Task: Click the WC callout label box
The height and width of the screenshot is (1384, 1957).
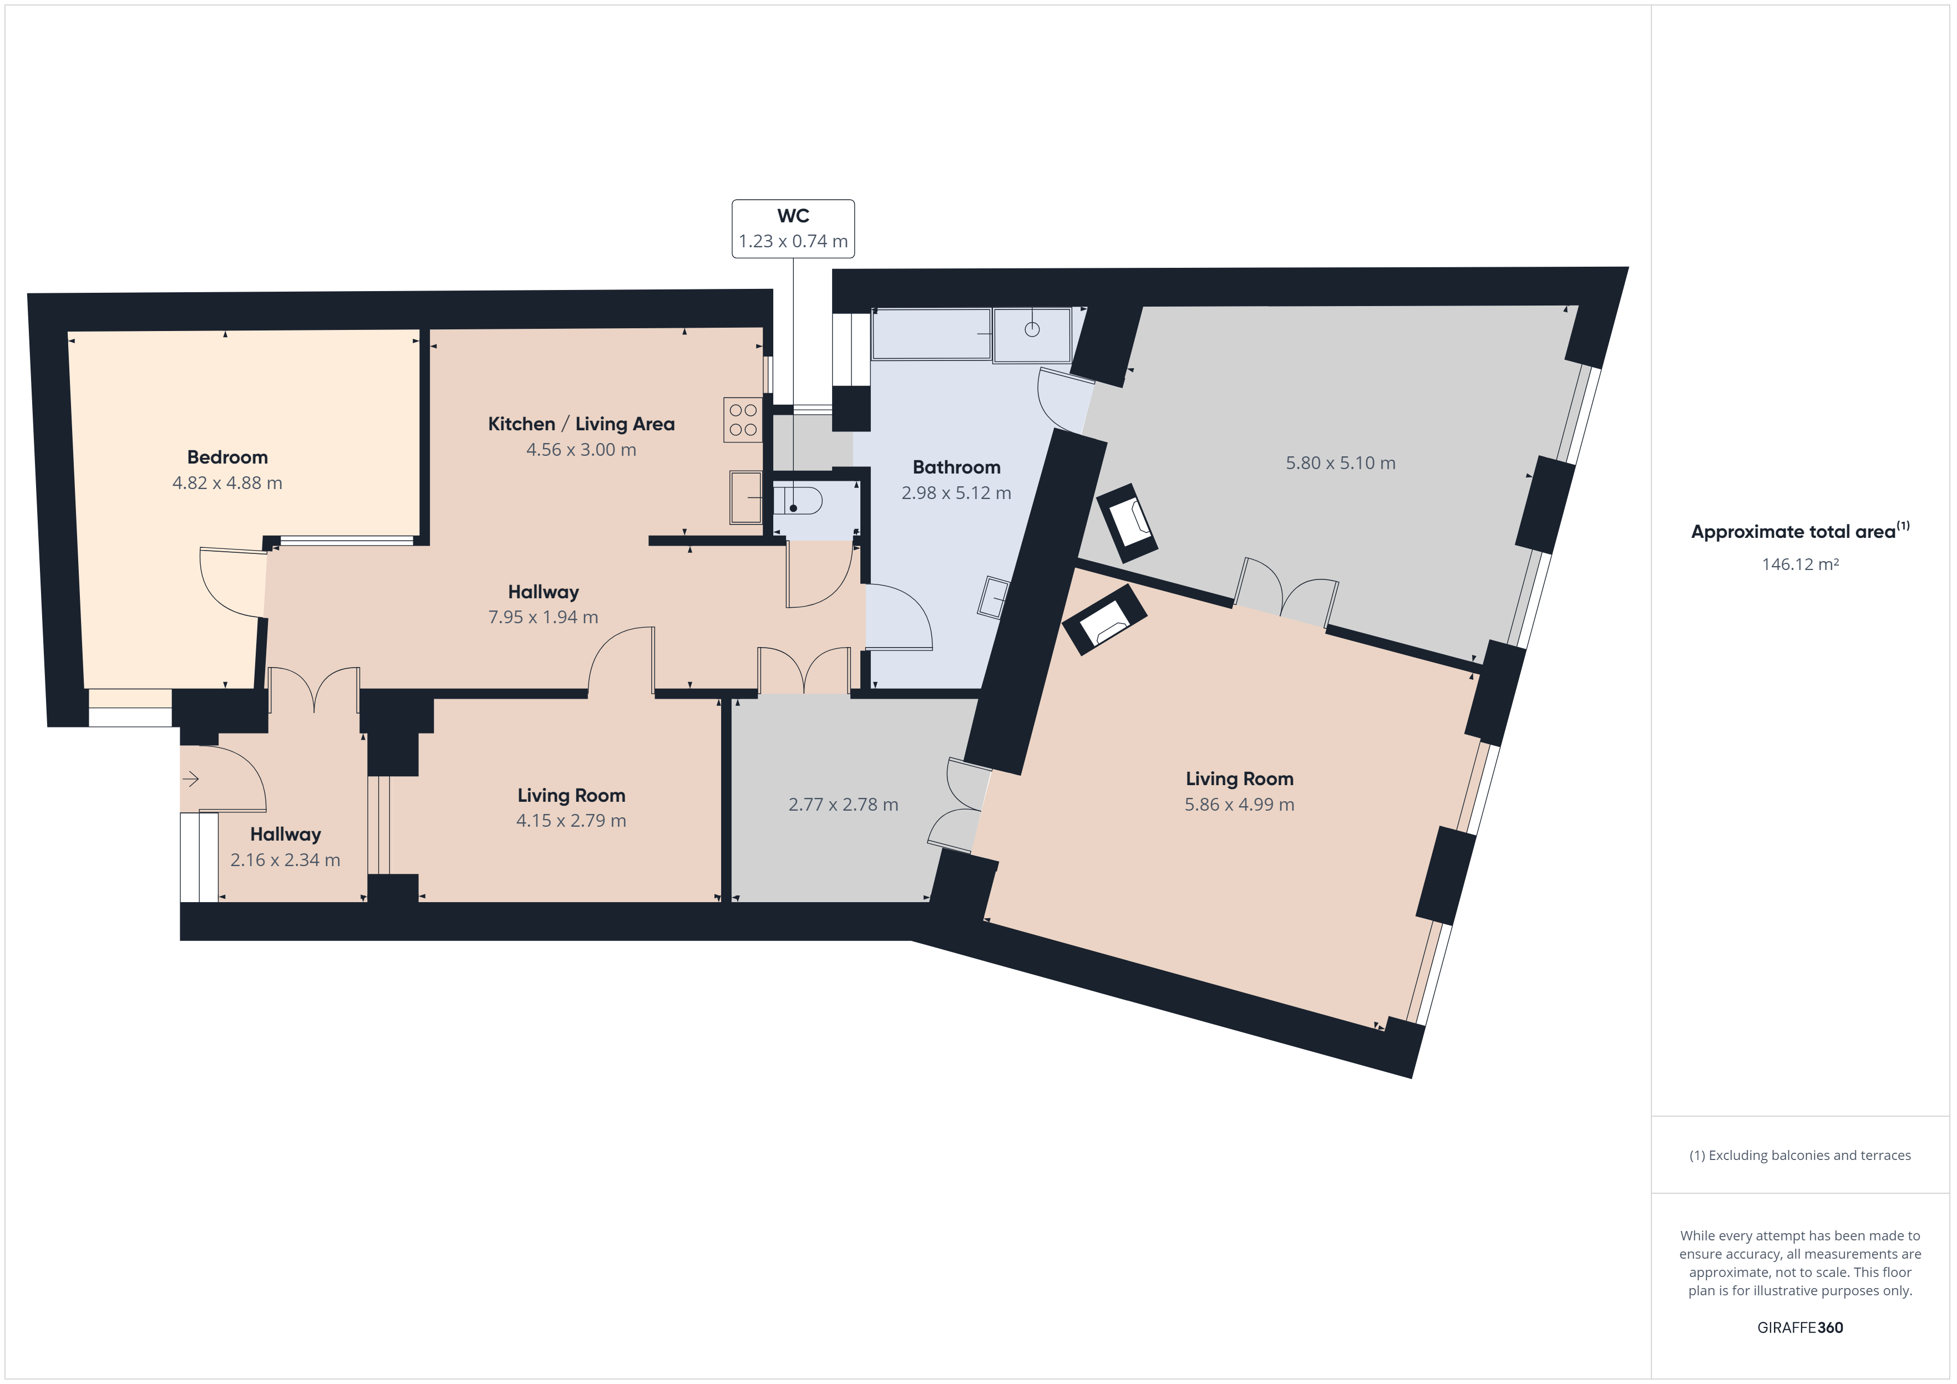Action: tap(793, 228)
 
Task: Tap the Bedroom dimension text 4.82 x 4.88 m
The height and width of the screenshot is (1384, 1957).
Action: tap(227, 483)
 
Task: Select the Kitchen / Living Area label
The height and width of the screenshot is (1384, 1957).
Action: tap(581, 424)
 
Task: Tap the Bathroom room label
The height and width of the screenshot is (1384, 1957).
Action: tap(956, 467)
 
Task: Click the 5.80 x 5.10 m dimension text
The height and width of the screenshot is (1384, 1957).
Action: tap(1340, 464)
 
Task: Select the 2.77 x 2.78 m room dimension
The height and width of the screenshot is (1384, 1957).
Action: tap(843, 805)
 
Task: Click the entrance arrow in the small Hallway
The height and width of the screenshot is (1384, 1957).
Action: tap(190, 778)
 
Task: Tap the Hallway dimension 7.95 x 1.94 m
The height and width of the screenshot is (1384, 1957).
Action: tap(543, 617)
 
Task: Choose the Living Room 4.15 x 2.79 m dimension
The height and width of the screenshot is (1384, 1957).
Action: tap(571, 821)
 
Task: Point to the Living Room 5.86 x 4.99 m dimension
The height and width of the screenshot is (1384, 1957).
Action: tap(1239, 805)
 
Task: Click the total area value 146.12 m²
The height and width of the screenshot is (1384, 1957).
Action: tap(1800, 564)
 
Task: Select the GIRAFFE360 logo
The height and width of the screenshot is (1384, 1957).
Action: tap(1800, 1327)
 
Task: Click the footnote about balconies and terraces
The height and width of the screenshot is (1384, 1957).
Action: tap(1800, 1155)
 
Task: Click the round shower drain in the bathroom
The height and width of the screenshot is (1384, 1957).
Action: tap(1032, 330)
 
